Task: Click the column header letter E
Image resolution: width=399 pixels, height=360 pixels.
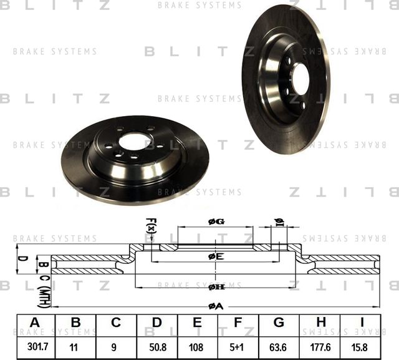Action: coord(198,323)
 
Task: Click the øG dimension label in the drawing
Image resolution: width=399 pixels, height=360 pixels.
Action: coord(216,221)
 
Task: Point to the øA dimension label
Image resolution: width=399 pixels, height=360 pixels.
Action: coord(216,305)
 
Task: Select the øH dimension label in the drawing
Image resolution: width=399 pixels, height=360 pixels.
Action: coord(216,286)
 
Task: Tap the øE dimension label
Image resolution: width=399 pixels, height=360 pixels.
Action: coord(216,256)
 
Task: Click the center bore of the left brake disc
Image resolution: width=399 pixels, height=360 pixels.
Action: coord(133,142)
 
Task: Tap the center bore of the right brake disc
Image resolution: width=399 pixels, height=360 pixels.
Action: coord(300,79)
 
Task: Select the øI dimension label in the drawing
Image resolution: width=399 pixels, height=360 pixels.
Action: coord(279,222)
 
